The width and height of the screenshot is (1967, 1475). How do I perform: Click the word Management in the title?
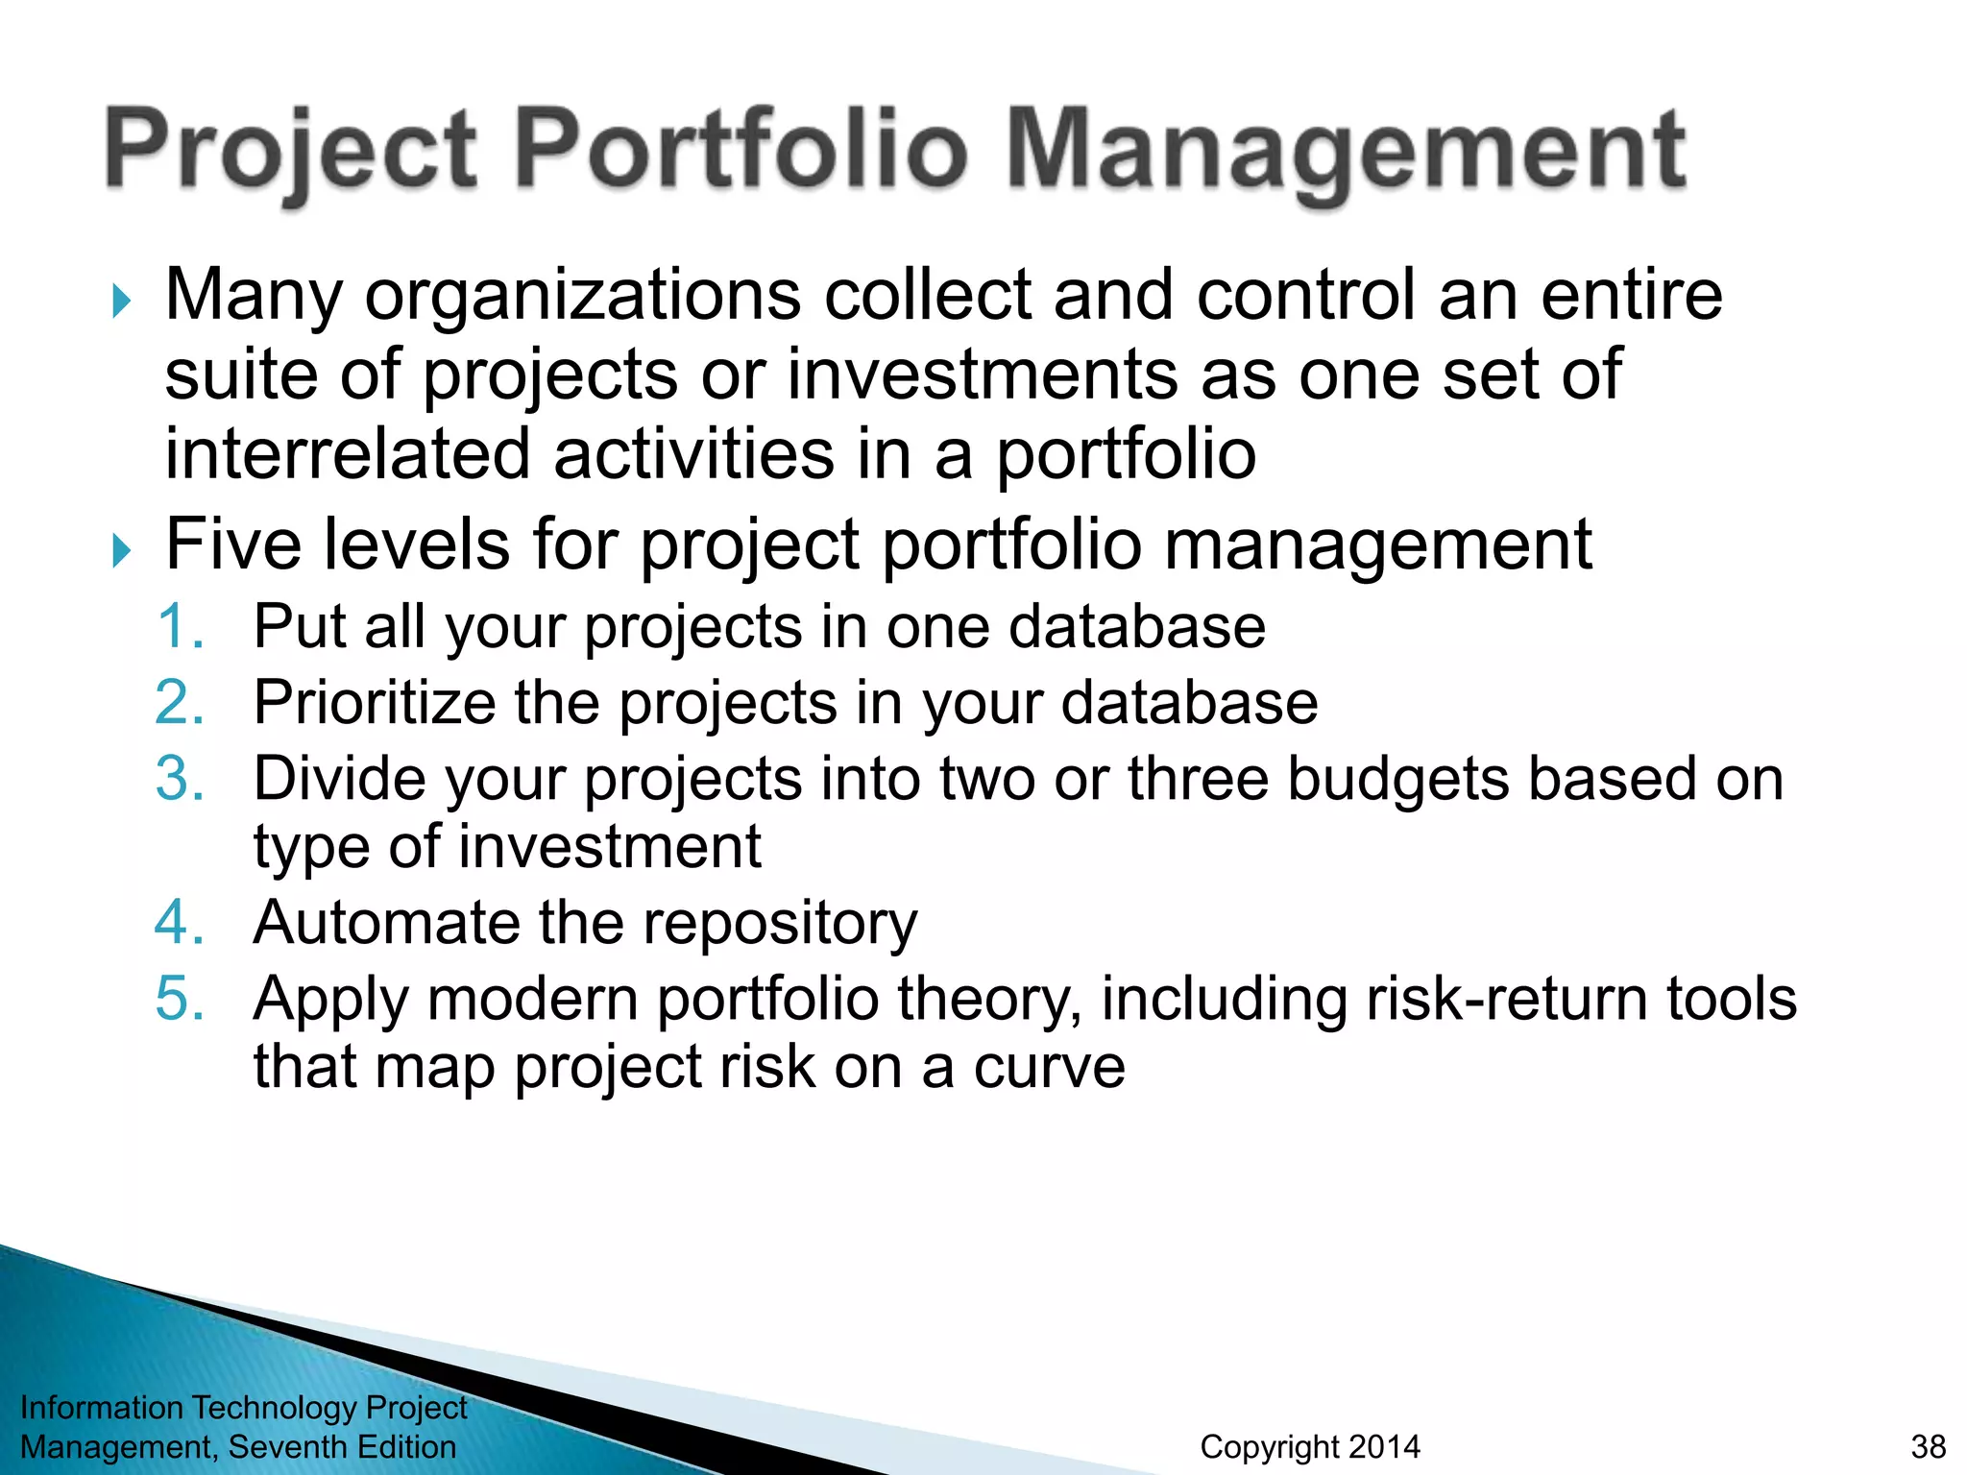tap(1345, 152)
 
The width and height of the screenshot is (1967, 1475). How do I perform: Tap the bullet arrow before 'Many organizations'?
tap(121, 301)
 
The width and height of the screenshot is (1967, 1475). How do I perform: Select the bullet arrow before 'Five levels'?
tap(121, 550)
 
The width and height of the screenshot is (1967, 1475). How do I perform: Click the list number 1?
tap(181, 627)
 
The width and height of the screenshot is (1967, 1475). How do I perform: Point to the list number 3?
tap(181, 778)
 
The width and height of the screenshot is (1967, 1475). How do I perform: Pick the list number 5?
tap(181, 999)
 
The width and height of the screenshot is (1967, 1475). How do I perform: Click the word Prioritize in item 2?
tap(373, 703)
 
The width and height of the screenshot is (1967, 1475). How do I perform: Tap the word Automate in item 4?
tap(384, 923)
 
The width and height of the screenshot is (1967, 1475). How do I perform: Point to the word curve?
tap(1049, 1068)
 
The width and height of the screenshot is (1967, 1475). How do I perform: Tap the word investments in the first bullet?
tap(982, 375)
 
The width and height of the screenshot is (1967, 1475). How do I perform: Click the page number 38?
tap(1928, 1447)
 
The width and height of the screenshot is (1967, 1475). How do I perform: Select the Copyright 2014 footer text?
tap(1309, 1447)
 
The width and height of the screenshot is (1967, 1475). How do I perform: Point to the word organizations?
tap(582, 296)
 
